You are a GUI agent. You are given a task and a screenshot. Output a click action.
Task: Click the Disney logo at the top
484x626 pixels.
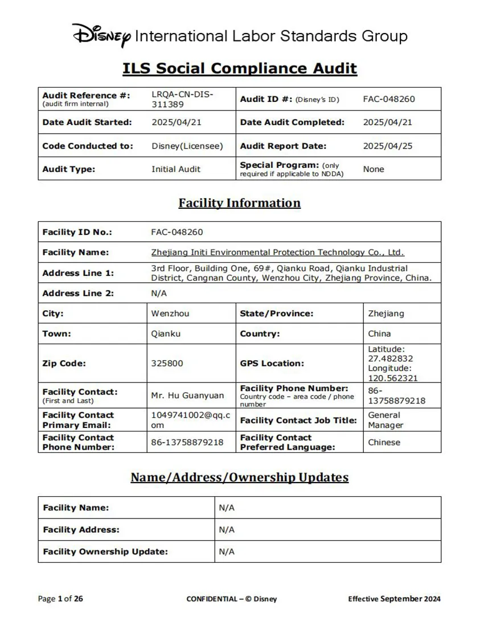click(x=102, y=35)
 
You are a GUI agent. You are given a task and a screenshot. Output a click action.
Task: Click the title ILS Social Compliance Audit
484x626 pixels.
click(x=240, y=69)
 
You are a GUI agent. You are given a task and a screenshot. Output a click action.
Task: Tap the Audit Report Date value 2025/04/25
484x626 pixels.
click(x=387, y=146)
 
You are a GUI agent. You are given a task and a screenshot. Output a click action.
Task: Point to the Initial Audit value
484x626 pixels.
click(x=176, y=169)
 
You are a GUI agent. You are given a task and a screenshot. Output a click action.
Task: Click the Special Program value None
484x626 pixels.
click(x=374, y=169)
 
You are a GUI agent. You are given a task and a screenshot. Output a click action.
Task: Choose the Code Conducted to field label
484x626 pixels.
click(x=88, y=146)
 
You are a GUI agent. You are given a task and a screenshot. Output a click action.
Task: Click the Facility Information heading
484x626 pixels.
click(x=239, y=203)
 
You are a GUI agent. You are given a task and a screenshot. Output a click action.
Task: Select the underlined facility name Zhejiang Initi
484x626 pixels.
click(x=277, y=252)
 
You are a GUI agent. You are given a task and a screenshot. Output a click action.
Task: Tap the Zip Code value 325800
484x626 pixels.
click(x=167, y=363)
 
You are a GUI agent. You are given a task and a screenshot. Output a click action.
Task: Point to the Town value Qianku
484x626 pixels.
click(x=166, y=333)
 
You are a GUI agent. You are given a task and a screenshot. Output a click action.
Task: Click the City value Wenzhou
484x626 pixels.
click(x=170, y=314)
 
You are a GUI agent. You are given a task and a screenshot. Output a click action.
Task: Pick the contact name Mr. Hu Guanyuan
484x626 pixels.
click(x=187, y=395)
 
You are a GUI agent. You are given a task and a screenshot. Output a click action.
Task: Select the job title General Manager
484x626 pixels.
click(x=385, y=420)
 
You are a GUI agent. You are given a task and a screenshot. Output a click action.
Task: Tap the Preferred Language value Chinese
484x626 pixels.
click(x=384, y=442)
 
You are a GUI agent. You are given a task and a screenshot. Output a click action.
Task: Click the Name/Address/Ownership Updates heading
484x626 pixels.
click(x=239, y=477)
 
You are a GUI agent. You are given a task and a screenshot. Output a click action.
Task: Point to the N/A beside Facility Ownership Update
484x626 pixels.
click(x=227, y=551)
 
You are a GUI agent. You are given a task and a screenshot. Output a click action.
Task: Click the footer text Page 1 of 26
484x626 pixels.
click(x=60, y=599)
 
